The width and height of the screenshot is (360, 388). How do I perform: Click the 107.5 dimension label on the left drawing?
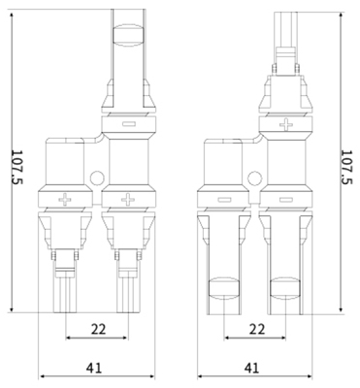(x=17, y=167)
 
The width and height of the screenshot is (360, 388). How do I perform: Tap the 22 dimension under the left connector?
(x=98, y=329)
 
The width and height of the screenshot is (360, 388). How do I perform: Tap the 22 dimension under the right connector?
(x=257, y=329)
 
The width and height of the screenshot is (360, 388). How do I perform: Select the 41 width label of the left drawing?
(x=94, y=368)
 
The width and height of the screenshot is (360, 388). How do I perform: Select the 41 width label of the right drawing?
(x=252, y=368)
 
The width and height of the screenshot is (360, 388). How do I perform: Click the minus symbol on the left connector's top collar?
(x=129, y=123)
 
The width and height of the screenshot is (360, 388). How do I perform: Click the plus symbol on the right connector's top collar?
(x=286, y=124)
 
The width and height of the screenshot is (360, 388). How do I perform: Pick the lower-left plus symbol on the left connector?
(x=65, y=200)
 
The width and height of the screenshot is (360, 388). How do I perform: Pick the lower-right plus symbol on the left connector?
(x=128, y=200)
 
